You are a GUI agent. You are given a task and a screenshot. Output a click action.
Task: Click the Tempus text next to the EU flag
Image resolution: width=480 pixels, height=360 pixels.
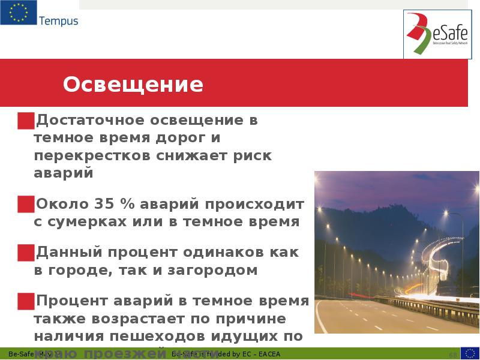click(59, 22)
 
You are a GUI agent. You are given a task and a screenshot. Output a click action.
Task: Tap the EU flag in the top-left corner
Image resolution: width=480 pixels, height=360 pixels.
click(18, 13)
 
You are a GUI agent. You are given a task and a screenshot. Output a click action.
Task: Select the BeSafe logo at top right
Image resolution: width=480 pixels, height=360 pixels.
click(436, 34)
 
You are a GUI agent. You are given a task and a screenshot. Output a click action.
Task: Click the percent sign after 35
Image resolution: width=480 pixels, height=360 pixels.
click(127, 204)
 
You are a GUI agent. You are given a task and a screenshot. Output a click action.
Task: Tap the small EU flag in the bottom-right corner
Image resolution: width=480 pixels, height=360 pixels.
click(469, 353)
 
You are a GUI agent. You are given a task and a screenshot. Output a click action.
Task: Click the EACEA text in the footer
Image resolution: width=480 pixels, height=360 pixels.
click(268, 354)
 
